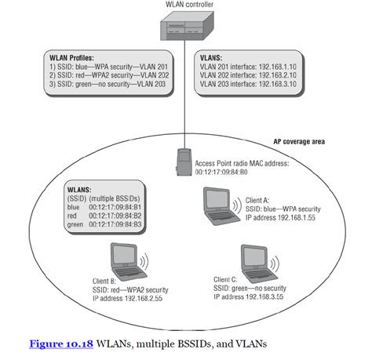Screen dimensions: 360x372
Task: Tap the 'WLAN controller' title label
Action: point(187,6)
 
